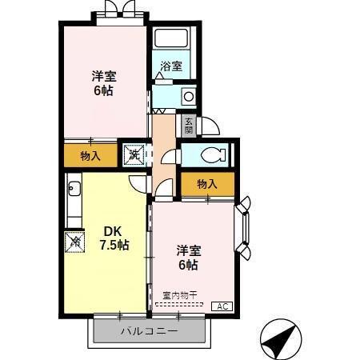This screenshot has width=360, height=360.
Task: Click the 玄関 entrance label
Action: click(189, 126)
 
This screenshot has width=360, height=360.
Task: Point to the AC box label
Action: click(221, 306)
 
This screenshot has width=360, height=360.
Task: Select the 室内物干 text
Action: click(180, 295)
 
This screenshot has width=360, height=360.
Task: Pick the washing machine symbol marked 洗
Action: click(133, 152)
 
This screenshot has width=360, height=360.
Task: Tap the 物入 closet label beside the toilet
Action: click(207, 184)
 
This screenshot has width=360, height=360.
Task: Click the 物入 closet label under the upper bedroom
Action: click(90, 155)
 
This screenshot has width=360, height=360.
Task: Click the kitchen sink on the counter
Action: click(74, 190)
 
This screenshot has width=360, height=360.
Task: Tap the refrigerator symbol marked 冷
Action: click(75, 240)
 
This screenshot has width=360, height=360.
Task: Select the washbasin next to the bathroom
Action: click(189, 96)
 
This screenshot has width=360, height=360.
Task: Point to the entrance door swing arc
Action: click(210, 127)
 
